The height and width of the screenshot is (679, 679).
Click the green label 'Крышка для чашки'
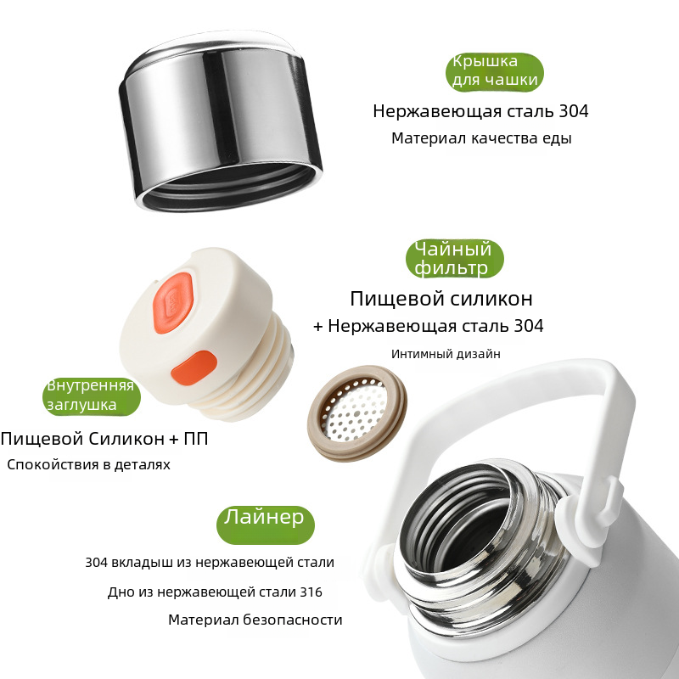click(x=495, y=72)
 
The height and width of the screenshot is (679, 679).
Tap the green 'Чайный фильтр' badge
click(x=455, y=259)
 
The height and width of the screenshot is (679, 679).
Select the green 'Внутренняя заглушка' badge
click(x=92, y=396)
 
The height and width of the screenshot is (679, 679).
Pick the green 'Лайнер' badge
click(x=266, y=525)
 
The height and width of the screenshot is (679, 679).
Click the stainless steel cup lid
click(x=221, y=121)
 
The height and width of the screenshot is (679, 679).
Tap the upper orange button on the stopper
click(x=173, y=303)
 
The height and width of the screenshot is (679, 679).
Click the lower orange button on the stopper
click(x=194, y=368)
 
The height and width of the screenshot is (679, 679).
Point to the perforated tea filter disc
click(x=356, y=413)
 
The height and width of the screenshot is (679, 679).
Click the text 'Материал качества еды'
click(x=481, y=138)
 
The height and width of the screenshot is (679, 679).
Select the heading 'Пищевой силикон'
click(x=441, y=299)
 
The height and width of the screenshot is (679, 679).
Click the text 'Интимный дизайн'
click(x=446, y=354)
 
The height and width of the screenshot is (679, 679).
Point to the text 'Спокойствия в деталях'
click(x=88, y=464)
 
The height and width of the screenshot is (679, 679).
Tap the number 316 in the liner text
click(x=311, y=592)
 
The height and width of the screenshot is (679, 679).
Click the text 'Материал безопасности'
click(x=255, y=620)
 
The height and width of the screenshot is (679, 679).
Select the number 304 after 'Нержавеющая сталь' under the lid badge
click(x=574, y=111)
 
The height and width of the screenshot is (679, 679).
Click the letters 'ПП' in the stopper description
click(x=196, y=439)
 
